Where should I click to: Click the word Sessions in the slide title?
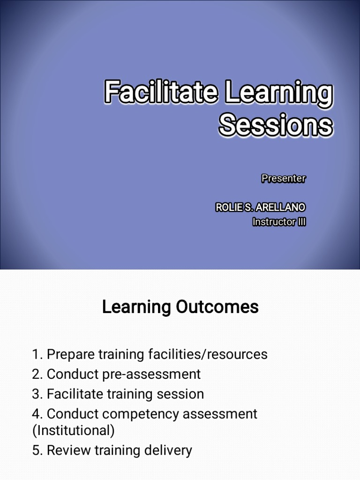coord(276,125)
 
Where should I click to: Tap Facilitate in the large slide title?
coord(161,92)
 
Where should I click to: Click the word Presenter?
coord(283,179)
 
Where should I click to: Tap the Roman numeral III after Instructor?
coord(301,222)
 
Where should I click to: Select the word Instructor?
coord(274,222)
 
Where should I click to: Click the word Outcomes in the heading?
coord(217,307)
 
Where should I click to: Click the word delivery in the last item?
coord(167,451)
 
